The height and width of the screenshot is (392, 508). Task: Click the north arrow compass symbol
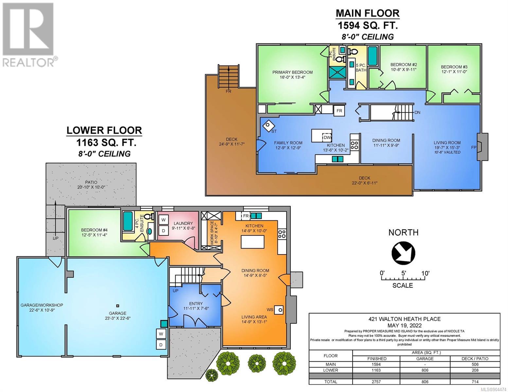403,253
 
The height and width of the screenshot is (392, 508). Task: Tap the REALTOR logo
28,35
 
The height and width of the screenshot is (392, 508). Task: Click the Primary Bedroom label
292,74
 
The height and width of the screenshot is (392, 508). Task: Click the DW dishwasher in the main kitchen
327,137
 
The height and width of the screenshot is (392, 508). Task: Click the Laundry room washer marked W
164,220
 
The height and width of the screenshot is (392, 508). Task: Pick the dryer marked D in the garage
161,345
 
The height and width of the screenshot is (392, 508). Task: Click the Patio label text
91,185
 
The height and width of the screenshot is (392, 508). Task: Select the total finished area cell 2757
377,382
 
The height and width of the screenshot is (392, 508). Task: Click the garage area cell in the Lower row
425,370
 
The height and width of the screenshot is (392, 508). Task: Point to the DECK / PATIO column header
475,358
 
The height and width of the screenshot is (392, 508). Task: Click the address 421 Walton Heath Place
404,319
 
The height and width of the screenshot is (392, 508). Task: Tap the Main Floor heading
367,13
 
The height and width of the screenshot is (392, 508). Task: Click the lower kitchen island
253,242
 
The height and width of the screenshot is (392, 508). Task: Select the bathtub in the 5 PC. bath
373,56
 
